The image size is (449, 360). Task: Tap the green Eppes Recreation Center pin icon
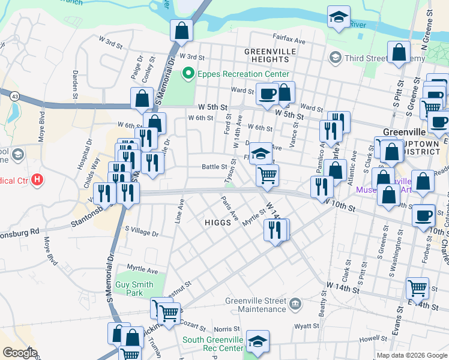pos(188,74)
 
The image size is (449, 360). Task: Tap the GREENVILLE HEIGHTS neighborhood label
pos(270,55)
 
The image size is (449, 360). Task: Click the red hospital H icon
pos(37,179)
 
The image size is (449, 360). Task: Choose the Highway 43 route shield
pos(13,95)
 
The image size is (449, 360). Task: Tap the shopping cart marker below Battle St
pos(267,175)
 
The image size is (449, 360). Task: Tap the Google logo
pos(20,353)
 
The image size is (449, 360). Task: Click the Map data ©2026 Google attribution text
pos(411,355)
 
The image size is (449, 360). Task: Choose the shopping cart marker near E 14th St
pos(417,287)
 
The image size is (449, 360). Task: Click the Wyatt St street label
pos(307,326)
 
